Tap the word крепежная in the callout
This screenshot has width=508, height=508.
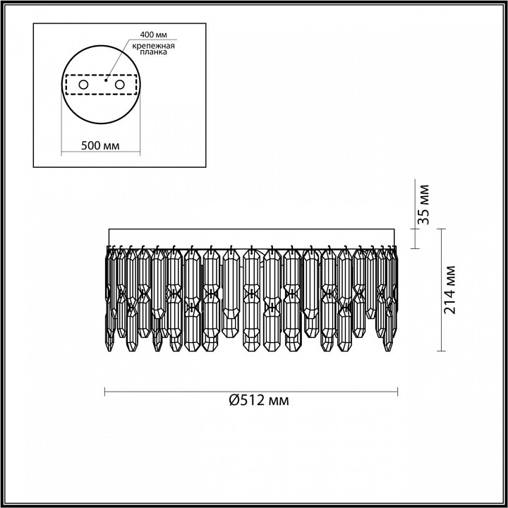(155, 45)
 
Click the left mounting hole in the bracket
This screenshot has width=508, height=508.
(83, 85)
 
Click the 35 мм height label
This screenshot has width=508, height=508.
(423, 205)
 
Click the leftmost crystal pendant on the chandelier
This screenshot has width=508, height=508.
(111, 296)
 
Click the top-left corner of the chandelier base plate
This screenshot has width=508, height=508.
(107, 230)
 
